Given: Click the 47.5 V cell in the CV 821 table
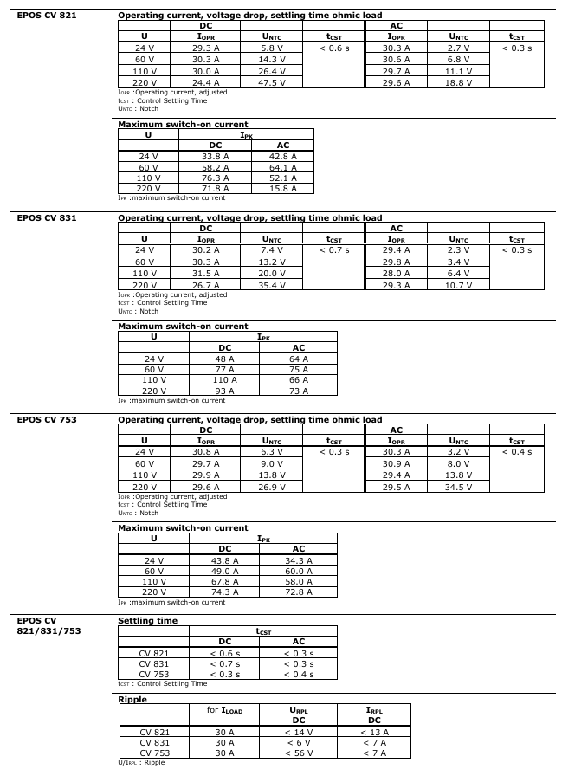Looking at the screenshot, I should pos(272,82).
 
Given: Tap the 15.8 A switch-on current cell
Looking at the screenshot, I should pos(282,188).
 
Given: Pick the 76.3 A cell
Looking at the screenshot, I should pos(216,178).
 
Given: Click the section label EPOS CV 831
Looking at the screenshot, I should pos(47,217).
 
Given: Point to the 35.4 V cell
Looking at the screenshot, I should pos(272,285).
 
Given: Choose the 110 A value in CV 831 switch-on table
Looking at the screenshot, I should pos(224,380).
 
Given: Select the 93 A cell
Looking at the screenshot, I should pos(224,391).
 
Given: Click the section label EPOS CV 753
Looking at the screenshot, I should pos(47,420).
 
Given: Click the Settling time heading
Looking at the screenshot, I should pos(147,621).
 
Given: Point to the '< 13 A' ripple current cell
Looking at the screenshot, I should pos(374,732).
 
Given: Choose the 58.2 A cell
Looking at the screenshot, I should pos(216,167).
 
